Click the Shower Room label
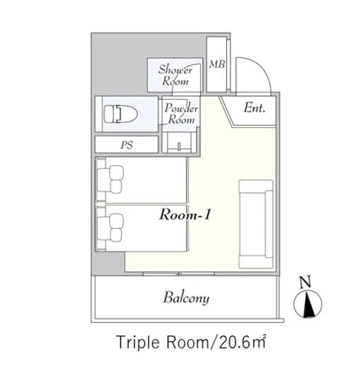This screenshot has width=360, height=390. (x=175, y=75)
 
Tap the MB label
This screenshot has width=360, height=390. (x=217, y=64)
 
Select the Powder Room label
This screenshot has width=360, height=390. (x=181, y=114)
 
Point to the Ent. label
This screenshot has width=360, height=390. (x=254, y=108)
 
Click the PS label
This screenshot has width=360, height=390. (x=127, y=146)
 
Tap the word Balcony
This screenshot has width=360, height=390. (x=186, y=297)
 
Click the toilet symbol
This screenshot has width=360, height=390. (x=118, y=113)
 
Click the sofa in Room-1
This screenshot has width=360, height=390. (x=256, y=224)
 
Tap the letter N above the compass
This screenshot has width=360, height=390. (x=306, y=281)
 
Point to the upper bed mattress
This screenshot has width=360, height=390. (x=154, y=181)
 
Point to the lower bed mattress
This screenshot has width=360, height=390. (x=154, y=227)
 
